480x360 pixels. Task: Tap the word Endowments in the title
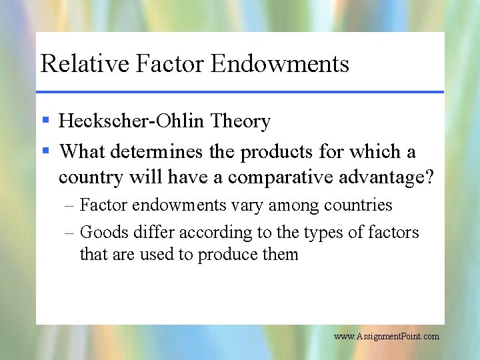point(280,63)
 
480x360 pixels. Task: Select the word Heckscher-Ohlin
point(132,121)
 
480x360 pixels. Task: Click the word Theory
point(241,121)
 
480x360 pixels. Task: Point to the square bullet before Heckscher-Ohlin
point(45,121)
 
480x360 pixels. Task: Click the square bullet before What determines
point(45,151)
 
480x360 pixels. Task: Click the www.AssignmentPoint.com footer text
point(387,337)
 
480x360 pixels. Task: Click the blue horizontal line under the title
point(240,91)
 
